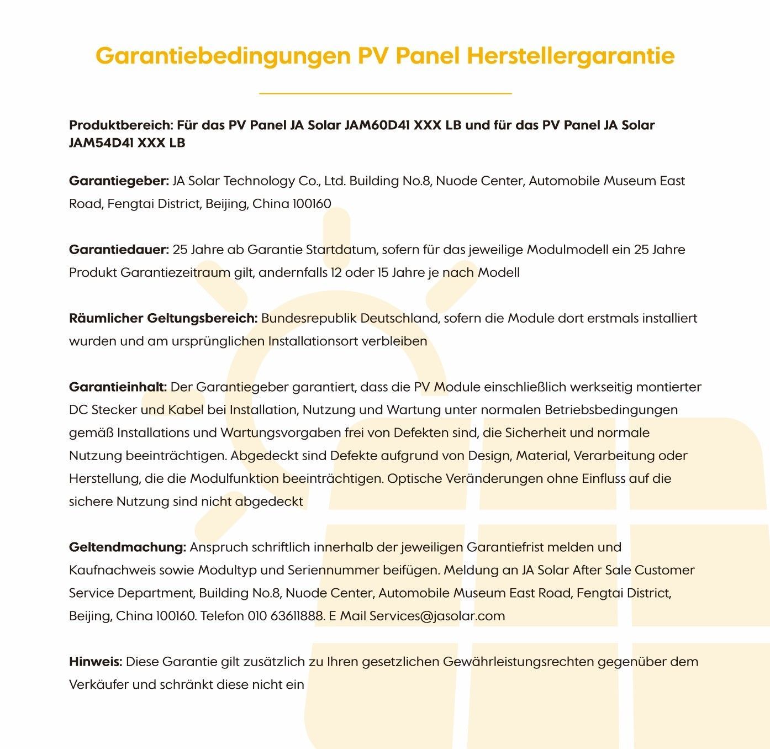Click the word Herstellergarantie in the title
571,56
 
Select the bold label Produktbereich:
122,125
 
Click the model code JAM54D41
101,143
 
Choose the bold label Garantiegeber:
119,181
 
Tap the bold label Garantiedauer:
119,250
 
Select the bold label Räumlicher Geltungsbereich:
164,319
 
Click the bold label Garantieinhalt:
118,387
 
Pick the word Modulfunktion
234,479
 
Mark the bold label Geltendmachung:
127,547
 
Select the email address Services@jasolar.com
437,616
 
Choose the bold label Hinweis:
96,662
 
